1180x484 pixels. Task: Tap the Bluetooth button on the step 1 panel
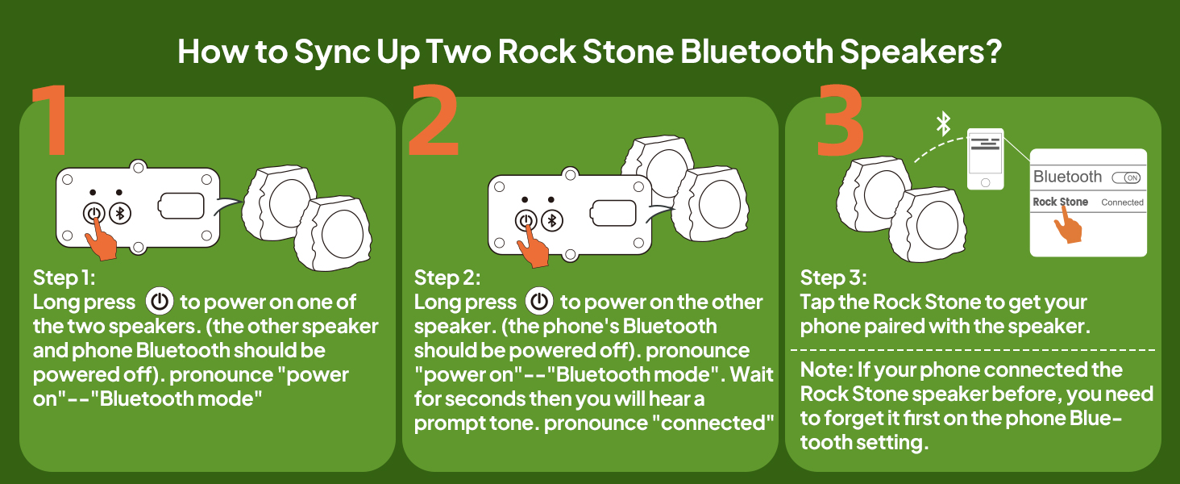coord(121,214)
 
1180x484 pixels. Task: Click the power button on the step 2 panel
coord(526,220)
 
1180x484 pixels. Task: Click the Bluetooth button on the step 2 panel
coord(553,220)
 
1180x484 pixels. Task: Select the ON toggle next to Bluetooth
coord(1125,177)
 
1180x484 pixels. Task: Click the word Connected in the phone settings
coord(1122,202)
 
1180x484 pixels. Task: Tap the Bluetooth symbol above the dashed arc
coord(943,124)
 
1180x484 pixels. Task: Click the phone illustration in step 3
coord(985,160)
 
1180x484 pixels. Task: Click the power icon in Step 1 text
coord(159,302)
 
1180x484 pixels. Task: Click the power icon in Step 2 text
coord(539,302)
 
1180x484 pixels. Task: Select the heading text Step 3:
coord(833,278)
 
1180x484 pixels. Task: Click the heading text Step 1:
coord(64,278)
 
